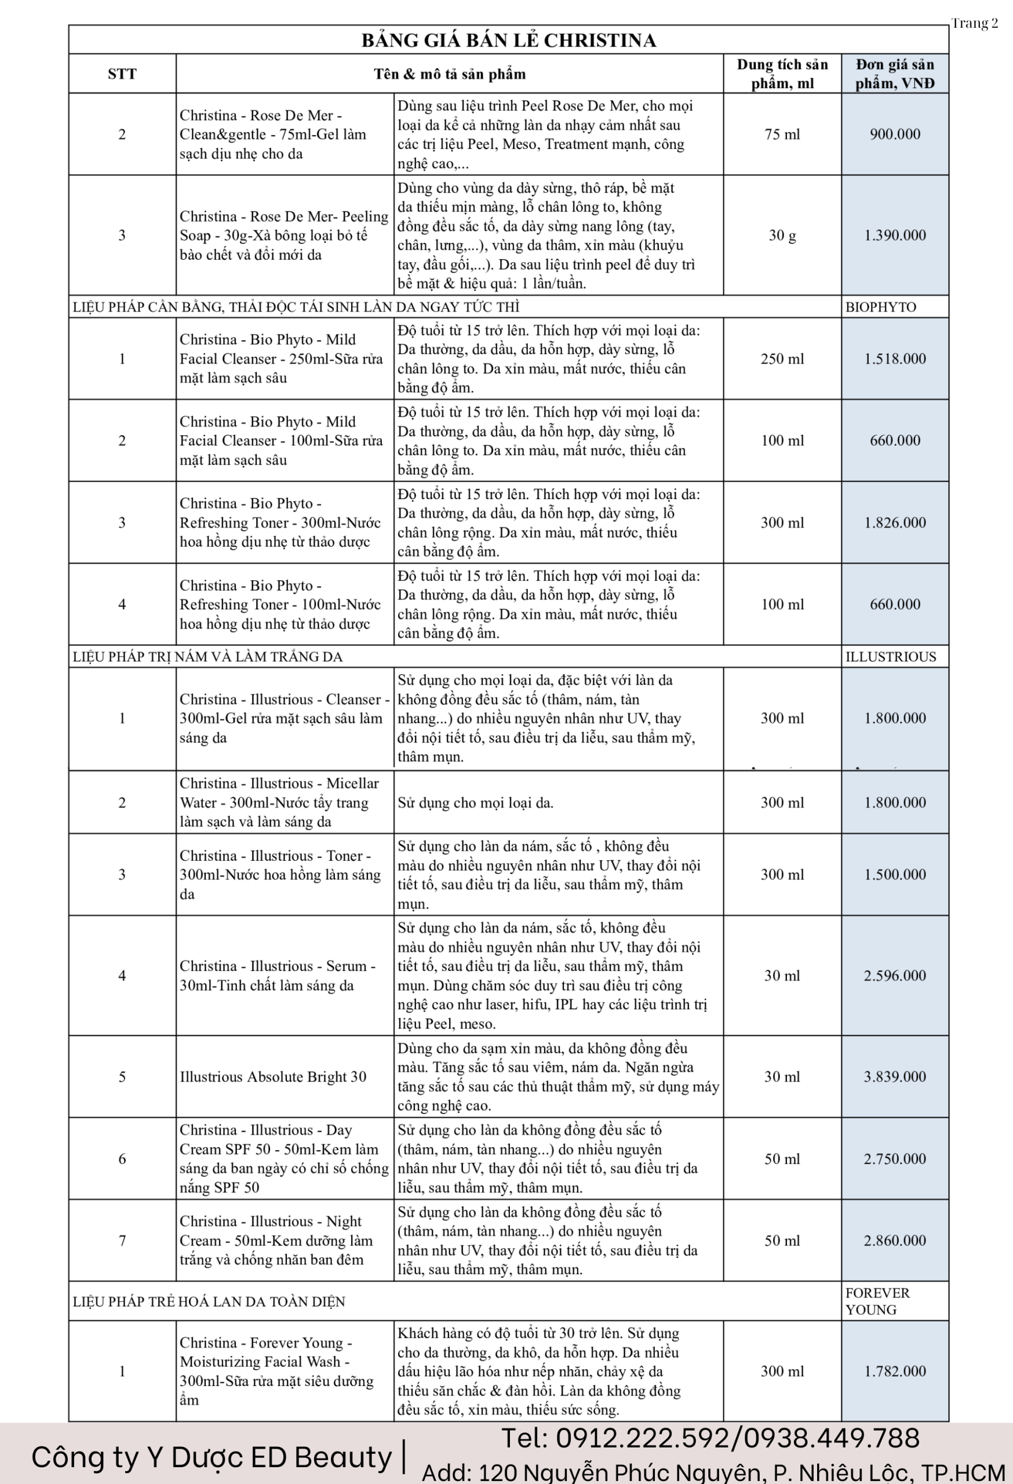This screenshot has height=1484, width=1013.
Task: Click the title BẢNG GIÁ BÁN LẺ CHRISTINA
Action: click(x=509, y=40)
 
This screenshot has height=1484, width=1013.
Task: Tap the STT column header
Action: click(x=122, y=74)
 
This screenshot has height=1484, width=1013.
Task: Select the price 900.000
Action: click(x=895, y=134)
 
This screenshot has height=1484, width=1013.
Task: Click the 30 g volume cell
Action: click(x=782, y=235)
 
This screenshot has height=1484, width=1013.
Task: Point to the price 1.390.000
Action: click(x=895, y=235)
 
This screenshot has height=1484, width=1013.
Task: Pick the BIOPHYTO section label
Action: click(x=880, y=307)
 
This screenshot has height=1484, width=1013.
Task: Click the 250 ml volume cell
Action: click(x=782, y=359)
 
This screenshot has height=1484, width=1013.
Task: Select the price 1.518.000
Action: click(x=895, y=359)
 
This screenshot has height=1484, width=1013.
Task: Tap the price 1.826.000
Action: click(x=895, y=523)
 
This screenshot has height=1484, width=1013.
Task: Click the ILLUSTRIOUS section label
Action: click(x=891, y=657)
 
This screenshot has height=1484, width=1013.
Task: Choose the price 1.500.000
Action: click(x=895, y=875)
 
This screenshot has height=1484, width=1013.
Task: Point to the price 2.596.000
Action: click(x=895, y=976)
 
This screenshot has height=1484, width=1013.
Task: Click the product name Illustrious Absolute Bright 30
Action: click(x=273, y=1077)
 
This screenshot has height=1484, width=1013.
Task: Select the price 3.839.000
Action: click(x=895, y=1077)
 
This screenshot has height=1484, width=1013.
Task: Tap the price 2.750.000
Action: click(x=895, y=1159)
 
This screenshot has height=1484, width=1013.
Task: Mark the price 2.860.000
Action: click(x=895, y=1241)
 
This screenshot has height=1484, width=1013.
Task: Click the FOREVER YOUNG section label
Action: click(x=877, y=1301)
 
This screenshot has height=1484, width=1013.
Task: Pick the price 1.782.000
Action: click(x=895, y=1372)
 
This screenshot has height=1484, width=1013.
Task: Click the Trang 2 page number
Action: click(x=975, y=24)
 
